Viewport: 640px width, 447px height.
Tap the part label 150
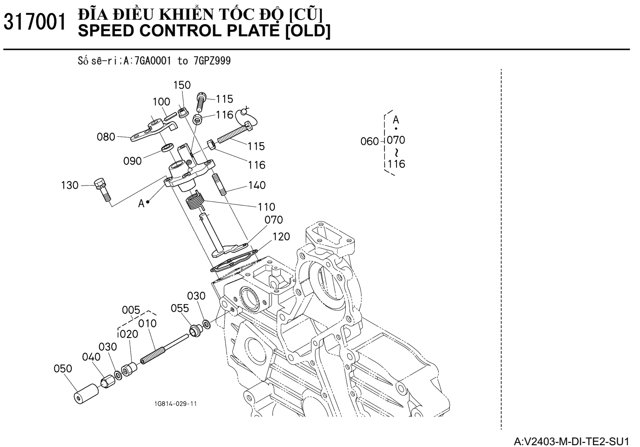click(x=182, y=85)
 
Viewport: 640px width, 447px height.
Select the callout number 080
click(x=106, y=137)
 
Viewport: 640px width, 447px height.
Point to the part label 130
click(x=70, y=185)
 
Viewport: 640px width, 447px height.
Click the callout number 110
click(x=266, y=207)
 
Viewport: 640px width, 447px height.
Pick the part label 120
click(x=281, y=236)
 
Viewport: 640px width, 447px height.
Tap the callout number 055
click(x=180, y=308)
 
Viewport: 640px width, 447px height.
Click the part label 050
click(x=63, y=369)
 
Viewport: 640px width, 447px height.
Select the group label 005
click(x=131, y=310)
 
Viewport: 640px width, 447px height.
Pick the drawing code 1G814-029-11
click(x=175, y=404)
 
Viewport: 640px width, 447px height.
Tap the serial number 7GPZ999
click(x=212, y=61)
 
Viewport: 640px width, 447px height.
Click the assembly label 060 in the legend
click(x=370, y=142)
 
